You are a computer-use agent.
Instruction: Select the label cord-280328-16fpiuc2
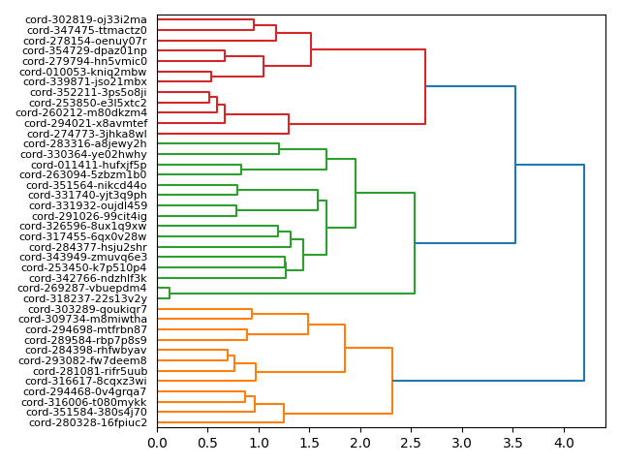(88, 422)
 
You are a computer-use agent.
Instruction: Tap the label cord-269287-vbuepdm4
(82, 288)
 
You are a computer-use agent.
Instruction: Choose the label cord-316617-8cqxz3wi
(87, 381)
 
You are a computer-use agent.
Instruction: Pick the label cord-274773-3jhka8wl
(87, 134)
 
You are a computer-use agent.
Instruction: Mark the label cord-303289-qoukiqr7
(87, 309)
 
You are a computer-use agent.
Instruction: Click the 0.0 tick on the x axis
(157, 443)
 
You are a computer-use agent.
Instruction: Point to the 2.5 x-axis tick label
(411, 443)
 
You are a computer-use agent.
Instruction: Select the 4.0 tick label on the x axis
(563, 443)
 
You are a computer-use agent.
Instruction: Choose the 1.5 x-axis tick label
(309, 443)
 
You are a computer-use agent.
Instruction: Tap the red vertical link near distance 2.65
(425, 87)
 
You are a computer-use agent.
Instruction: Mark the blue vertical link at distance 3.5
(515, 165)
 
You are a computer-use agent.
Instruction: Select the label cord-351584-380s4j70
(86, 412)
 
